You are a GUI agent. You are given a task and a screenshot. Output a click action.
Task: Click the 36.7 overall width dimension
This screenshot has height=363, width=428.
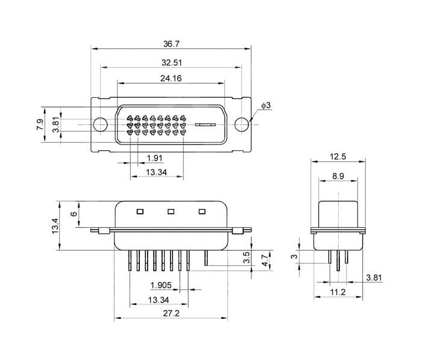point(171,43)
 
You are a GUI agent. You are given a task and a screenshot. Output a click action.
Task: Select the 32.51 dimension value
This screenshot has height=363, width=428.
point(171,63)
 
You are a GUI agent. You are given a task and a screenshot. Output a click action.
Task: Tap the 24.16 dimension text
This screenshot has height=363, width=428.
point(171,79)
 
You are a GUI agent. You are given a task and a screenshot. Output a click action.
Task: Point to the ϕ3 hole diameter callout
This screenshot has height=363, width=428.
point(266,105)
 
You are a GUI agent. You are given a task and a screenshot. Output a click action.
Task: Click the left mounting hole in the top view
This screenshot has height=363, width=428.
point(101,124)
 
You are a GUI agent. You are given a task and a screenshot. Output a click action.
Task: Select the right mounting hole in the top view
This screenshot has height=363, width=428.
point(242,124)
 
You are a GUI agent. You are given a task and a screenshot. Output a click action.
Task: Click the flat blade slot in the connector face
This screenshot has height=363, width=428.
point(206,125)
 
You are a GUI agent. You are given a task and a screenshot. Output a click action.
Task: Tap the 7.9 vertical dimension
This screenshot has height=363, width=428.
point(40,124)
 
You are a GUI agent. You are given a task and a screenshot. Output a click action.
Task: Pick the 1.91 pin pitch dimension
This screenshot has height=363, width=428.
point(154,158)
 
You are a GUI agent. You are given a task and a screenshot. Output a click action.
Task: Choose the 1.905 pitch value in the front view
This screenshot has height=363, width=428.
point(161,285)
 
